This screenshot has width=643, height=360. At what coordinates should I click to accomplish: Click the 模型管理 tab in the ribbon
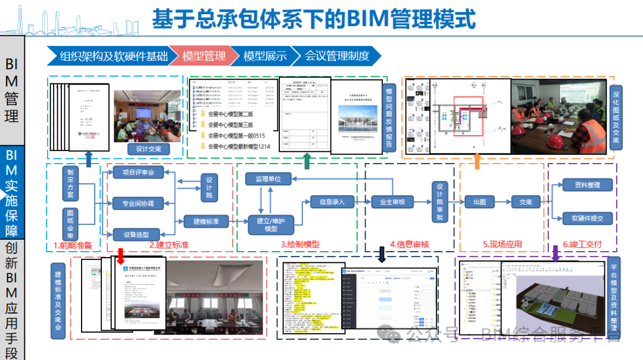[x=204, y=57]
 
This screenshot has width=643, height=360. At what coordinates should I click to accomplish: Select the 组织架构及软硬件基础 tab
[x=114, y=57]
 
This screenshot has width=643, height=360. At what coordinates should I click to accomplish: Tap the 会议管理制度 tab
[x=337, y=57]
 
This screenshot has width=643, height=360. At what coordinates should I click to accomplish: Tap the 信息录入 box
[x=332, y=202]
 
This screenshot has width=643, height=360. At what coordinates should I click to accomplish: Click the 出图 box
[x=479, y=202]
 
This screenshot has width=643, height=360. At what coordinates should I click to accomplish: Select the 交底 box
[x=525, y=202]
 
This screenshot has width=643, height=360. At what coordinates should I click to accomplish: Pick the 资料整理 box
[x=587, y=185]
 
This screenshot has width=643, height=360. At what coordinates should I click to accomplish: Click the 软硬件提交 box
[x=587, y=218]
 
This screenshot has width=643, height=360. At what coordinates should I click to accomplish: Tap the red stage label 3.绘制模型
[x=300, y=245]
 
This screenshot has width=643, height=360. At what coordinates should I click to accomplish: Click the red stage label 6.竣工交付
[x=582, y=245]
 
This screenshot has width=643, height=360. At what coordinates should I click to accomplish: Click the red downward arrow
[x=120, y=255]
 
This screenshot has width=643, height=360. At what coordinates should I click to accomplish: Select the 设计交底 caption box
[x=149, y=149]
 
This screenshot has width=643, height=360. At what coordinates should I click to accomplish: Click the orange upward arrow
[x=477, y=161]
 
